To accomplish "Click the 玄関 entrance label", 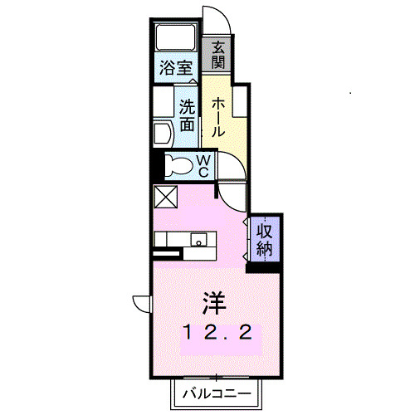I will [217, 56].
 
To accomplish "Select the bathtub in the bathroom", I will [174, 38].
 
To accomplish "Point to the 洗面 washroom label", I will [187, 116].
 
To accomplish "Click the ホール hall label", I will [217, 117].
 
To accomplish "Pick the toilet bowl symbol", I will [177, 164].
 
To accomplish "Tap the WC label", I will [203, 165].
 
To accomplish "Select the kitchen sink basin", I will [199, 240].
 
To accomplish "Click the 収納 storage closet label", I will [264, 239].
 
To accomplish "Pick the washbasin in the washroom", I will [161, 134].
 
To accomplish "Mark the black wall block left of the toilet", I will [154, 164].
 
